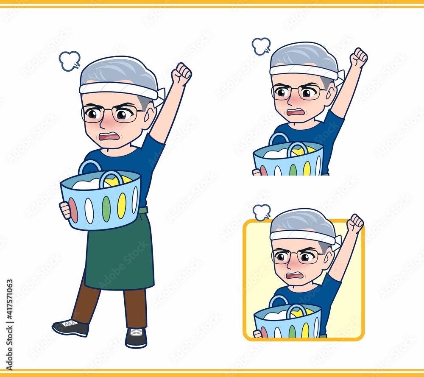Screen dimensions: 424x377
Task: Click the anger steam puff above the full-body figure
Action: click(x=70, y=61)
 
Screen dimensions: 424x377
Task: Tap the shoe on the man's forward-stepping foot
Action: click(x=70, y=327)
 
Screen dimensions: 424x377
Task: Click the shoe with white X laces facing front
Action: click(x=136, y=338)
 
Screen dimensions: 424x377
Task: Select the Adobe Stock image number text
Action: click(x=9, y=324)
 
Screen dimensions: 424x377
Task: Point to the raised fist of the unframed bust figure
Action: click(x=359, y=57)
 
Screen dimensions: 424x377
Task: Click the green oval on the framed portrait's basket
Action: click(x=292, y=331)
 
